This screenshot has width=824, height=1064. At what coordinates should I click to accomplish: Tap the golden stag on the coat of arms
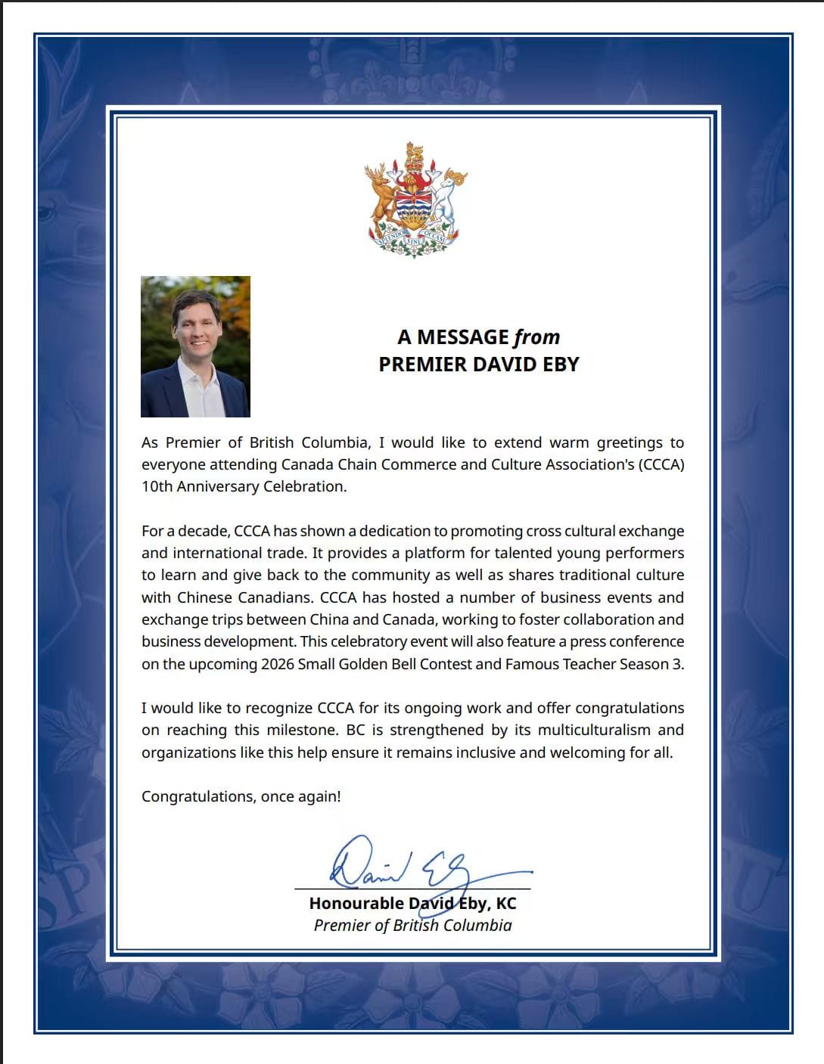pos(380,193)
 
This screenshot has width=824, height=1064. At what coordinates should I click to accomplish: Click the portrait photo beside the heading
pos(195,346)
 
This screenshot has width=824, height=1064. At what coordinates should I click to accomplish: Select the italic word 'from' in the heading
pos(536,337)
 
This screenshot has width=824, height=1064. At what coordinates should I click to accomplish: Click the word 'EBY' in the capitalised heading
pos(560,364)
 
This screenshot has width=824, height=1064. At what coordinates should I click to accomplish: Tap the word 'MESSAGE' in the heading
pos(463,337)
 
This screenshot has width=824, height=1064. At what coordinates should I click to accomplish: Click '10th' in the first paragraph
pos(157,486)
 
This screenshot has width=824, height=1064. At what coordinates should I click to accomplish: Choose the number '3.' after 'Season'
pos(678,664)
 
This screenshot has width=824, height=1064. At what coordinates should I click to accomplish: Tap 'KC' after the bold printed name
pos(505,903)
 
